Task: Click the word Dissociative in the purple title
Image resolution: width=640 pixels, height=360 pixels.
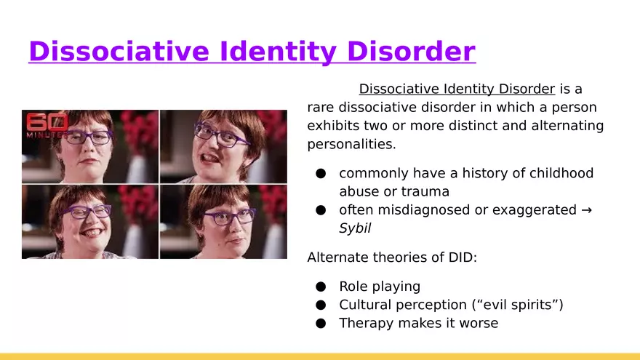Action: coord(119,52)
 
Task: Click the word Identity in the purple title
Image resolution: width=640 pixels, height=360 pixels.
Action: coord(279,52)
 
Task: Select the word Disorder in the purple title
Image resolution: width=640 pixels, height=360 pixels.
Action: coord(412,52)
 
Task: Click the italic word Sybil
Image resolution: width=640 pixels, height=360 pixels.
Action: coord(355,228)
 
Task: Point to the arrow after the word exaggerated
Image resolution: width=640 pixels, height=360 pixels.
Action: coord(586,210)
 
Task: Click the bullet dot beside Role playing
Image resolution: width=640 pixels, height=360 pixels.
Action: coord(321,287)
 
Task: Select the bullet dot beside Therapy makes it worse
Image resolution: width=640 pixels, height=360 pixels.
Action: coord(321,323)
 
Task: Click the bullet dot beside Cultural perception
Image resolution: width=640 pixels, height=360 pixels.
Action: coord(321,305)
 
